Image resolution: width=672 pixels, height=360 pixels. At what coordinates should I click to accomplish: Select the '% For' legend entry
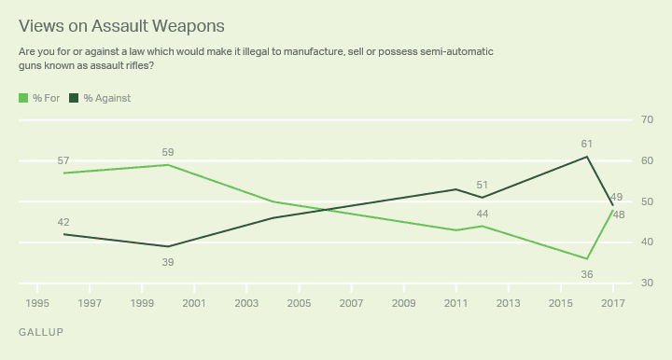39,98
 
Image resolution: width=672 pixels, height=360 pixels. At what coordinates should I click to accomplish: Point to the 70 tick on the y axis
646,120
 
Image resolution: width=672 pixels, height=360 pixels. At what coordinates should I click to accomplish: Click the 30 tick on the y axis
646,283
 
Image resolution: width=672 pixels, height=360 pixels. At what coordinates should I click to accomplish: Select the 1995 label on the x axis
37,303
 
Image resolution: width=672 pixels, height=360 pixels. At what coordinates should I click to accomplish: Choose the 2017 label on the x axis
612,303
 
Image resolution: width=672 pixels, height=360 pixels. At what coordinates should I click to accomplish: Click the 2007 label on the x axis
351,303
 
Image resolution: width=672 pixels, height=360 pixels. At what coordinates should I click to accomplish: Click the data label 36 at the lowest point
586,273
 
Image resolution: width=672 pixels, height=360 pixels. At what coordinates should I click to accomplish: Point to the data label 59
168,152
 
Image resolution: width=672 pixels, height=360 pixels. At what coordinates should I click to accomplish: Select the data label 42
63,222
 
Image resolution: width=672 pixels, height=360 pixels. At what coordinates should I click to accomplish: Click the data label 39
168,263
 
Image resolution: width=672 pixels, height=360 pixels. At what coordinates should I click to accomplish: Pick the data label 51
483,185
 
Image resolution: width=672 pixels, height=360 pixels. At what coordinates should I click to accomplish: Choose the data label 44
483,214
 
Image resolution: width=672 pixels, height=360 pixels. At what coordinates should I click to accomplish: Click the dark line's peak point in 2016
586,157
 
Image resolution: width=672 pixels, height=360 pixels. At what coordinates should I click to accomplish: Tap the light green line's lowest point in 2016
586,258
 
